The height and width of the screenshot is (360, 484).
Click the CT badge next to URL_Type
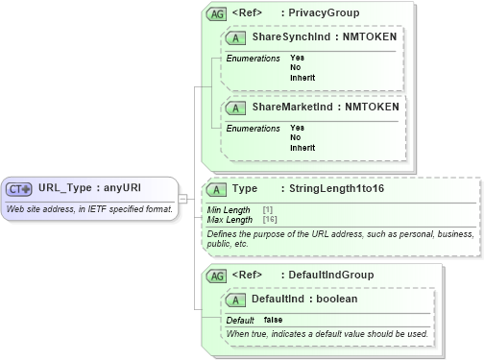20,188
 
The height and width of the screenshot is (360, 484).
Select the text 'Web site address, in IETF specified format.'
89,208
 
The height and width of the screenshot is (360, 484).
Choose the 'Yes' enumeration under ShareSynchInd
297,58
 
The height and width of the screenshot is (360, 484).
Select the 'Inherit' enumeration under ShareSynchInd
302,77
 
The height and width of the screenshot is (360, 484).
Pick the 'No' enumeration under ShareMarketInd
295,137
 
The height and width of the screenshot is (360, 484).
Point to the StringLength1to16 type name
327,190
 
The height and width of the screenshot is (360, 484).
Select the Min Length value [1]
268,209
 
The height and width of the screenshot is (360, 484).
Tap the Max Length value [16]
270,219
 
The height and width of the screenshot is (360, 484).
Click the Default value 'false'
273,320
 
